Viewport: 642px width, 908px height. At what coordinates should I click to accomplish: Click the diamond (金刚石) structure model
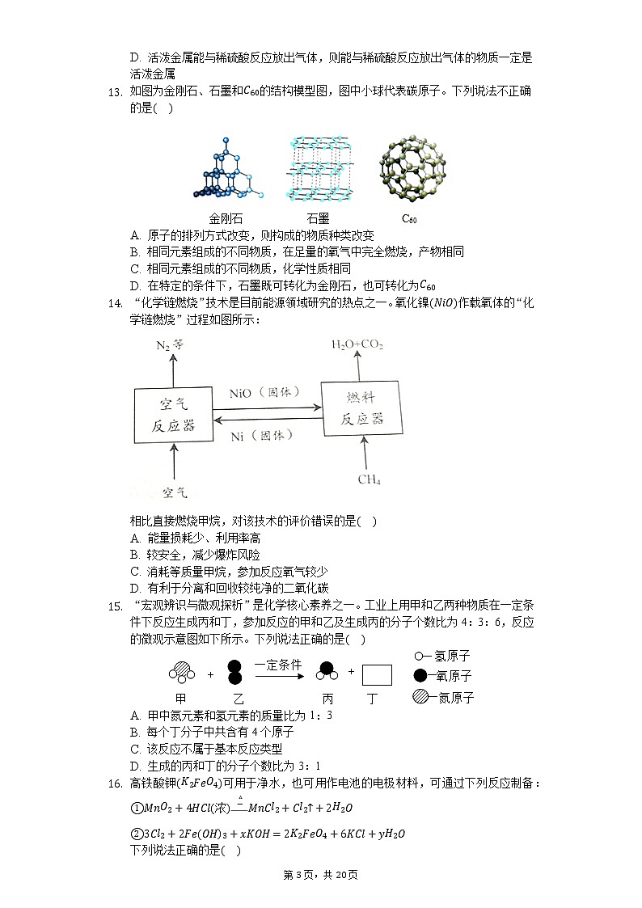[228, 168]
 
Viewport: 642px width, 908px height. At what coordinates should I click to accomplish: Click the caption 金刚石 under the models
[226, 218]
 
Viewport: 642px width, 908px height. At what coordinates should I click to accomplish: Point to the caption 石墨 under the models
[318, 218]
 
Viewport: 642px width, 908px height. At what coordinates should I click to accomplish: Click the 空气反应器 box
[173, 414]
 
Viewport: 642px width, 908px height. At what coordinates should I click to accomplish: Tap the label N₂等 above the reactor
[170, 344]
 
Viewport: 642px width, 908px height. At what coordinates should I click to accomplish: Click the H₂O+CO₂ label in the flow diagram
[357, 344]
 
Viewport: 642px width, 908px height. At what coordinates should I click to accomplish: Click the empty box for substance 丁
[377, 674]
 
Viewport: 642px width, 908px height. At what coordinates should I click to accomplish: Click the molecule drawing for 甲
[181, 673]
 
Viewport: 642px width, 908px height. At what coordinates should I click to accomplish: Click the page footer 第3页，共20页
[321, 875]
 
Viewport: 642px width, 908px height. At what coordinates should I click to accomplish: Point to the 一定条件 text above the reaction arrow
[278, 665]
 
